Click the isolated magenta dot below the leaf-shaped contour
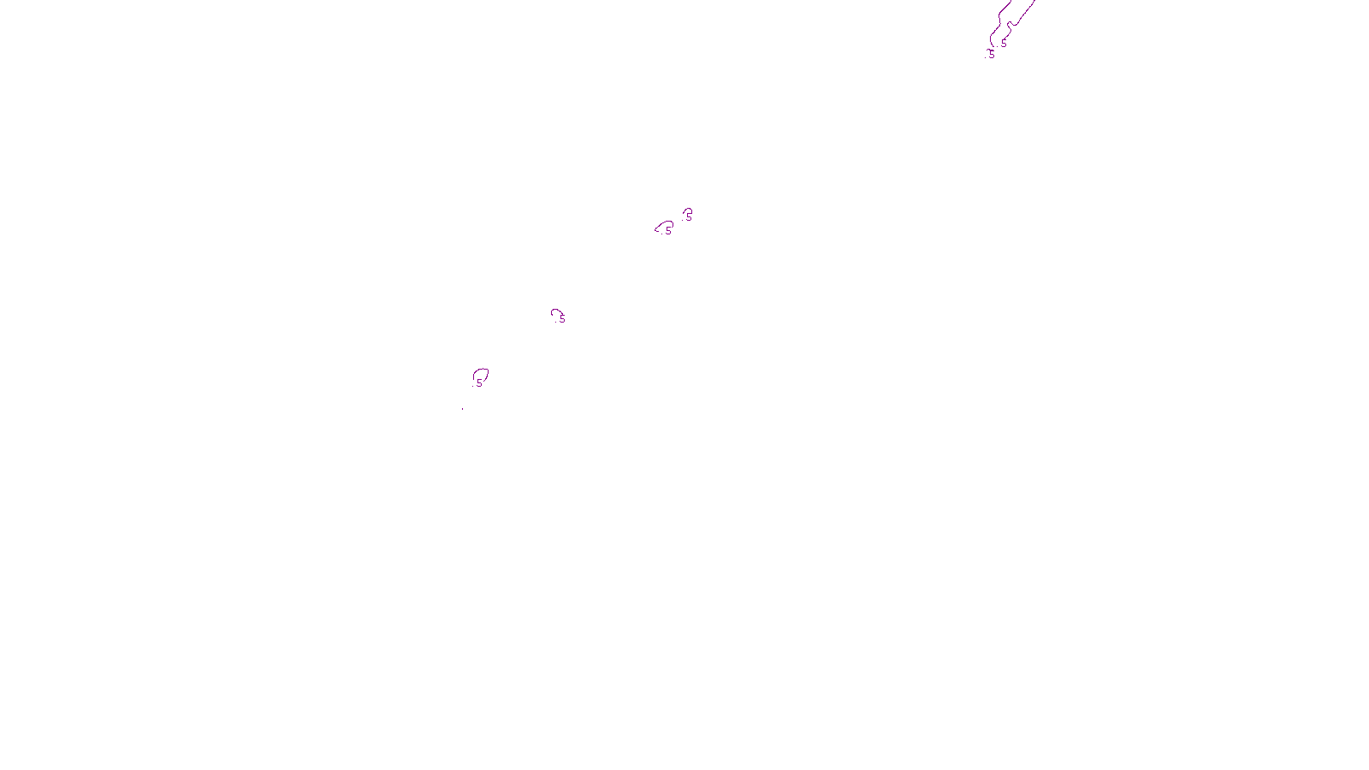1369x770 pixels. [x=462, y=408]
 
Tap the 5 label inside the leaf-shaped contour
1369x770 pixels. [x=479, y=383]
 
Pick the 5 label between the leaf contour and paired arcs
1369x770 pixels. [x=562, y=319]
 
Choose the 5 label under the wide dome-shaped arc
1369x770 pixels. [x=668, y=230]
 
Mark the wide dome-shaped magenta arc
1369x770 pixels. [x=664, y=224]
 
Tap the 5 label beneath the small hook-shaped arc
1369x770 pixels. [x=689, y=216]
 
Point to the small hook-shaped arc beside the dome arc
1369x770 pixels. [x=686, y=210]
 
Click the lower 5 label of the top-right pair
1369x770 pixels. [x=992, y=54]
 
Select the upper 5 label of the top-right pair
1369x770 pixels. [x=1004, y=44]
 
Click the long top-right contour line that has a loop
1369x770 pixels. [x=1022, y=14]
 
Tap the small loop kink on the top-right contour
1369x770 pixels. [x=1010, y=25]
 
